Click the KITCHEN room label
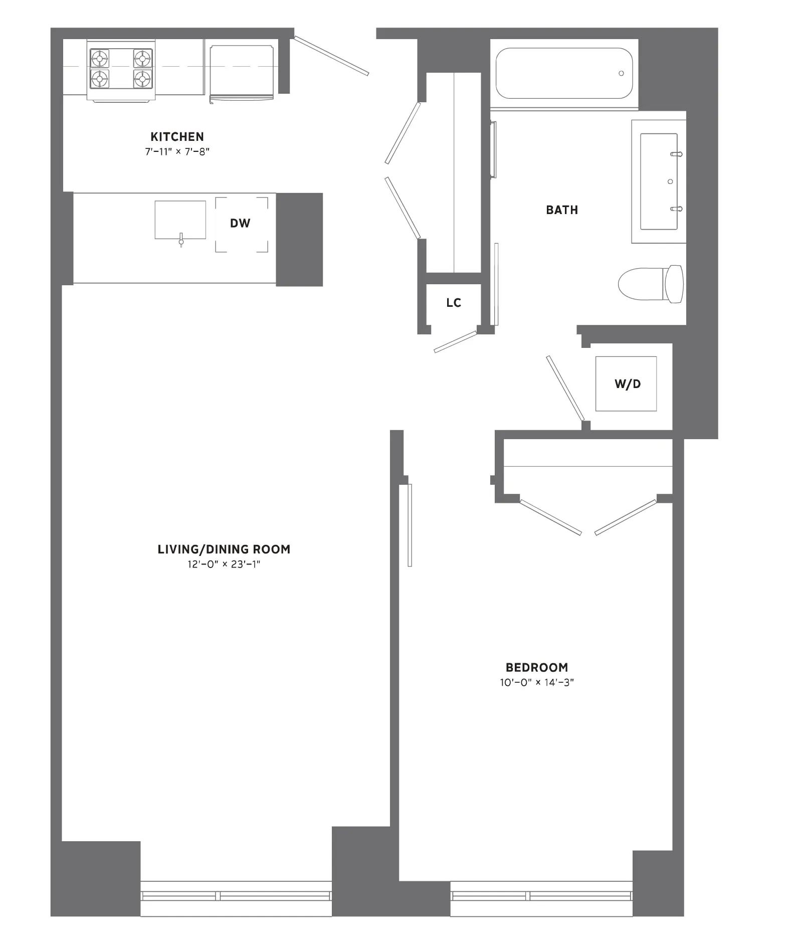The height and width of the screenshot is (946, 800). point(177,137)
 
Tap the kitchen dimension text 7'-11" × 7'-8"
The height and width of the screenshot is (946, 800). point(177,152)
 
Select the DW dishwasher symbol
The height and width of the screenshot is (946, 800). point(241,224)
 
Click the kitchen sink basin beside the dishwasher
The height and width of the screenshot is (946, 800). point(180,220)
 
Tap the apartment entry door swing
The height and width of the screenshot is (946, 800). point(331,56)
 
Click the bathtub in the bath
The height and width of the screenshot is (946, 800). point(563,73)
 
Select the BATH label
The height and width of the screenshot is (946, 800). point(562,210)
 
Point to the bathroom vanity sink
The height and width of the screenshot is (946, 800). point(659,181)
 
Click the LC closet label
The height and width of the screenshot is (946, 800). point(454,303)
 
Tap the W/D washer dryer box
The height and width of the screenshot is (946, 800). point(626,384)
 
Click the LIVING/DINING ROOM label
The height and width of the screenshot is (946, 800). point(224,549)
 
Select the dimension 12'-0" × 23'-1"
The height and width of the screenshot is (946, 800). point(224,564)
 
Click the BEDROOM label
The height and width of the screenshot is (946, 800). point(537,668)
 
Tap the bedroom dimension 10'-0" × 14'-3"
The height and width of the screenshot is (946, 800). point(537,683)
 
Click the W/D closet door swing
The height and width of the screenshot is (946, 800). point(565,389)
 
